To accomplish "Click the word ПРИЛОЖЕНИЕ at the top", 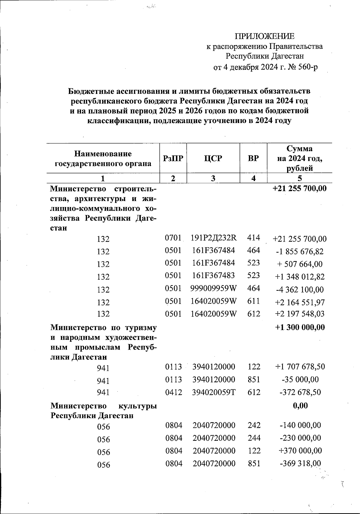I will (264, 37).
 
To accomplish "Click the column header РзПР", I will (173, 158).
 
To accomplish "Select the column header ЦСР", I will (213, 158).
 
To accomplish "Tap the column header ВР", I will (253, 158).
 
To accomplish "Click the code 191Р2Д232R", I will (214, 238).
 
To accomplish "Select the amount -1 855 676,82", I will (300, 251).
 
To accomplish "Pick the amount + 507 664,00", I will (300, 264).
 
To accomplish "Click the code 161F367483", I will (214, 275).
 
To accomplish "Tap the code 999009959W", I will (214, 288).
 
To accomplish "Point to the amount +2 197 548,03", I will (300, 314).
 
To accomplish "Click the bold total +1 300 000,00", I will (300, 327).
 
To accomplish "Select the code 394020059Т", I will (214, 392).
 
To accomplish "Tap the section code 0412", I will (173, 392).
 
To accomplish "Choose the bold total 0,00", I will (300, 406).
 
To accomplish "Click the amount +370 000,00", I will (300, 451).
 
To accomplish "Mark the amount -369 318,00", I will (300, 464).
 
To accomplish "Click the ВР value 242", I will (254, 425).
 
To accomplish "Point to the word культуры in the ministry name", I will (137, 406).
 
